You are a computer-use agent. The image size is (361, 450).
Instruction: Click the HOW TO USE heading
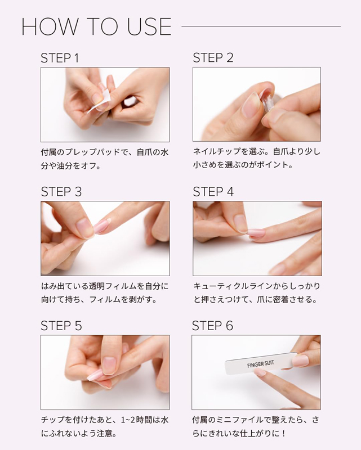(96, 26)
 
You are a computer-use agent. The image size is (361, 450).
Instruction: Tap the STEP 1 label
(60, 58)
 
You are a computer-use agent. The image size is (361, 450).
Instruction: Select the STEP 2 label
(213, 58)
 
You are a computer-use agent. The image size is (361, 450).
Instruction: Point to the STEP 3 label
(61, 192)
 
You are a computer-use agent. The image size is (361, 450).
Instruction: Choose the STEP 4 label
(213, 192)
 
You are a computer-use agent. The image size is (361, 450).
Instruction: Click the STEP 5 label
(61, 326)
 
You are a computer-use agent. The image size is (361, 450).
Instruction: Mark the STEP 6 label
(212, 326)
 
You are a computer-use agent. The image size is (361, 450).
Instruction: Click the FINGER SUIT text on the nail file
(260, 364)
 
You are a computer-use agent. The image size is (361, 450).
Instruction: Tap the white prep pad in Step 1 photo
(99, 101)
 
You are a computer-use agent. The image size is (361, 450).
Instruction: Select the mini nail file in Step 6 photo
(261, 363)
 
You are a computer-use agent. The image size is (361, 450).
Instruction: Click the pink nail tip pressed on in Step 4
(257, 232)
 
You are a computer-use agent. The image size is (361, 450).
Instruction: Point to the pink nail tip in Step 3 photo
(102, 226)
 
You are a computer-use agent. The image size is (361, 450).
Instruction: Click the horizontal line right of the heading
(261, 26)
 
